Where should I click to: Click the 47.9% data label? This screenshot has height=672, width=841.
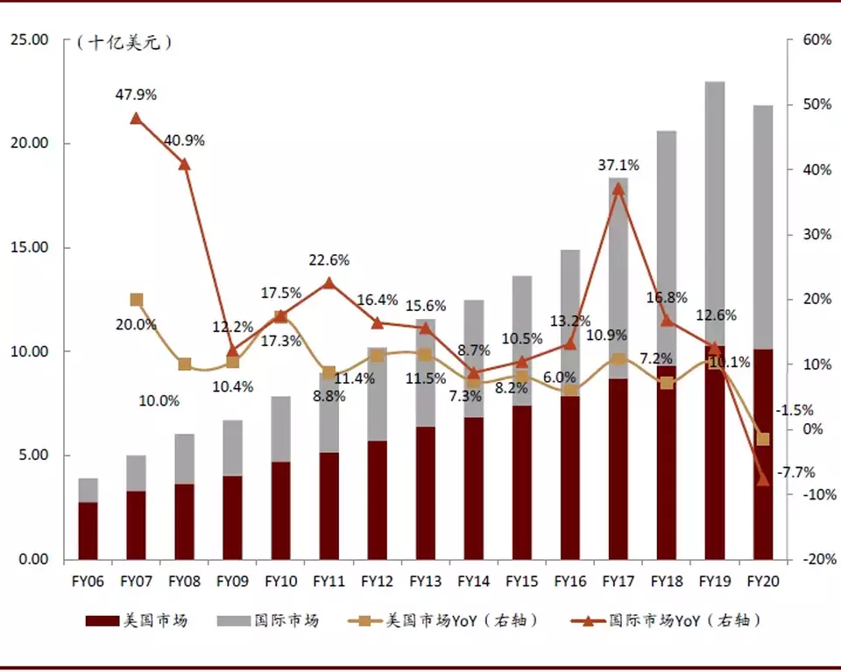pos(137,93)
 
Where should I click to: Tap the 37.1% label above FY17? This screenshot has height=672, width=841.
pos(618,165)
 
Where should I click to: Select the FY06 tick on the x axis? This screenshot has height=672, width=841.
pos(88,581)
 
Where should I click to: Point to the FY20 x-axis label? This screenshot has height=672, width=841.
pos(762,581)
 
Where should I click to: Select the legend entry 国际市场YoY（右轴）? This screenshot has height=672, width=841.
pos(684,621)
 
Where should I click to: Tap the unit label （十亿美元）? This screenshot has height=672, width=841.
pos(124,41)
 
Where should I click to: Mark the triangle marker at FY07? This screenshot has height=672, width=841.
pos(137,118)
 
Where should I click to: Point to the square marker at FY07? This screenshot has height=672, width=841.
pos(137,300)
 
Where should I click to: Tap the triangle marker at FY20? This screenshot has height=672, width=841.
pos(763,479)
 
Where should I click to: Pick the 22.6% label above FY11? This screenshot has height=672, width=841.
pos(329,260)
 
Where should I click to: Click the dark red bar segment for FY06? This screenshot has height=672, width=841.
pos(88,530)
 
